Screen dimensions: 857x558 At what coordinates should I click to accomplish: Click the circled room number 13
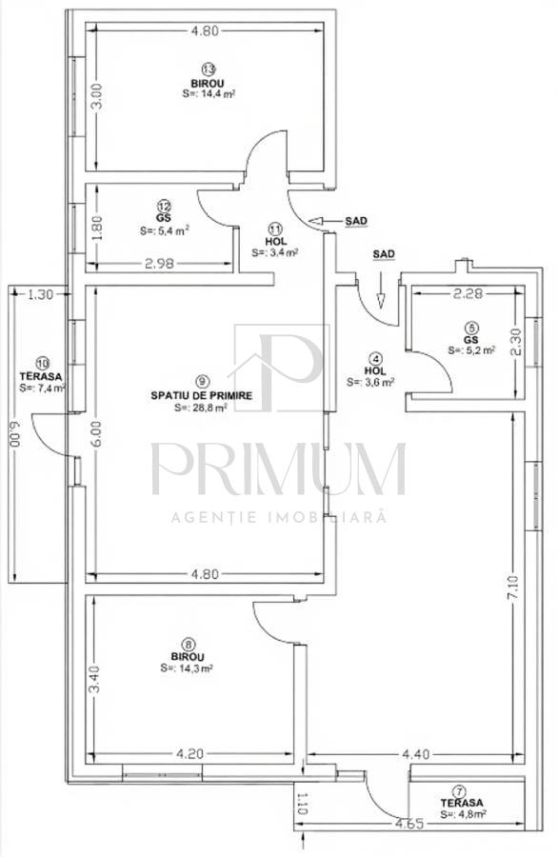tap(208, 69)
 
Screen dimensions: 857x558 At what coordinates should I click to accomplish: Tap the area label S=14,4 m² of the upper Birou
tap(209, 94)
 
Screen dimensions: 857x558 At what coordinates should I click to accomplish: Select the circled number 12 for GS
tap(164, 205)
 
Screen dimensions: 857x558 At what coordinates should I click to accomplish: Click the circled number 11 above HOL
tap(276, 229)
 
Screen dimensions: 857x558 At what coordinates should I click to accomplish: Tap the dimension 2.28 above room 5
tap(469, 293)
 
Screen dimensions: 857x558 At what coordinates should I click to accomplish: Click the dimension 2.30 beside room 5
tap(515, 341)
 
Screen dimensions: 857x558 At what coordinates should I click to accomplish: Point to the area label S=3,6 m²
tap(376, 382)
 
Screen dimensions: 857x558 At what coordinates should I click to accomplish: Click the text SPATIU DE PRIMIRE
tap(201, 394)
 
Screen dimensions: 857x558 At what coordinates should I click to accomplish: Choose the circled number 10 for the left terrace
tap(42, 362)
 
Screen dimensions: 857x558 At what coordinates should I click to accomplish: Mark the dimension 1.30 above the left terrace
tap(40, 295)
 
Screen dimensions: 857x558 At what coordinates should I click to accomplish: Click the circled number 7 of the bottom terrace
tap(461, 790)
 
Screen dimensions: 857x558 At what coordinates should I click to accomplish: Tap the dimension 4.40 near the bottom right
tap(416, 755)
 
